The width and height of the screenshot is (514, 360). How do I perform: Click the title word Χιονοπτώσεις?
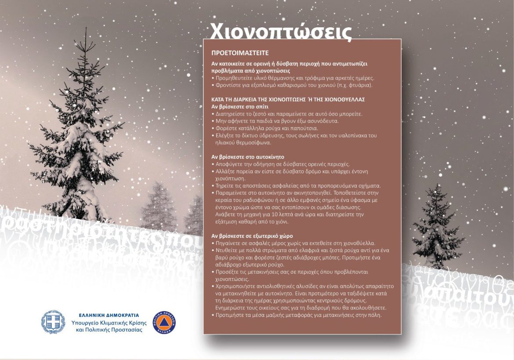pyautogui.click(x=281, y=31)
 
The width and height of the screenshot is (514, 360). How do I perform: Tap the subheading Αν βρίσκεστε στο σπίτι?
pyautogui.click(x=240, y=106)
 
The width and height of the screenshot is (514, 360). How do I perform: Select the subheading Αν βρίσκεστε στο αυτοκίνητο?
pyautogui.click(x=248, y=156)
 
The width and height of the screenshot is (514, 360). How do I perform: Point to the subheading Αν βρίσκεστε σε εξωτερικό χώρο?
pyautogui.click(x=252, y=236)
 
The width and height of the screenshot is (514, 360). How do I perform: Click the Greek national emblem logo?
pyautogui.click(x=53, y=322)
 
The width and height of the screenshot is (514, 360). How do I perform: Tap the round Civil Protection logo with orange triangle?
pyautogui.click(x=164, y=323)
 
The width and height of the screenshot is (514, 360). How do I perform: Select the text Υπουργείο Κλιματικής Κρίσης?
pyautogui.click(x=109, y=323)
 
